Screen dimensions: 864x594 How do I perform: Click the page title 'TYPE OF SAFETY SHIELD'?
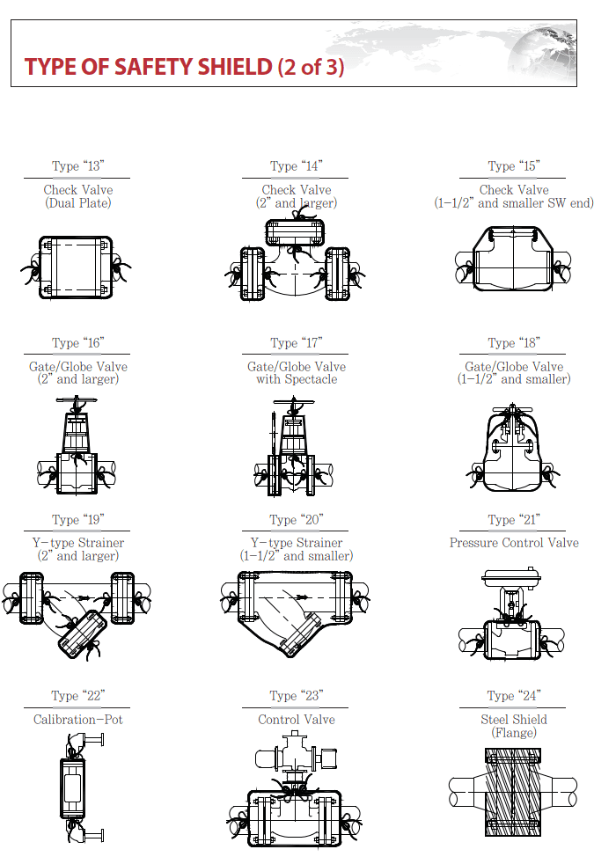tap(148, 67)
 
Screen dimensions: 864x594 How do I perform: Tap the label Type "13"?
tap(77, 165)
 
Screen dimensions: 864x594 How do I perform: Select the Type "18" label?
tap(514, 343)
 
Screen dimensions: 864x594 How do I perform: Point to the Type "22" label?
tap(77, 696)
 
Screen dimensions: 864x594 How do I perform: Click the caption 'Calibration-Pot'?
tap(77, 720)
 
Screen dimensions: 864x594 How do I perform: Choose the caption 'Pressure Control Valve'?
tap(514, 543)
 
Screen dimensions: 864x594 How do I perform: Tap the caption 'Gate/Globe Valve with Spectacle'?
tap(297, 373)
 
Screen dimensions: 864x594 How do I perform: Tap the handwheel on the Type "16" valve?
tap(77, 407)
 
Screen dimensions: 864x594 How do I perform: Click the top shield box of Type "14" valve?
tap(296, 232)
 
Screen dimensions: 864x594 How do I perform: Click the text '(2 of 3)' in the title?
tap(310, 67)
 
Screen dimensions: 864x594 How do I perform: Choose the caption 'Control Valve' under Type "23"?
tap(297, 720)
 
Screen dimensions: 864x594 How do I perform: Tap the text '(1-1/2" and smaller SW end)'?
tap(514, 203)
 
